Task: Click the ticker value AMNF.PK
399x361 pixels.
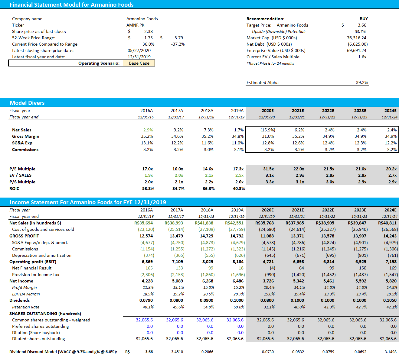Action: coord(135,25)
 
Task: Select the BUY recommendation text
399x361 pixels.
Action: coord(363,19)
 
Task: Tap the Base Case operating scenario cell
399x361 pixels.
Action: coord(139,63)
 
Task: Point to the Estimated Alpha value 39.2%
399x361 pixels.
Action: coord(362,82)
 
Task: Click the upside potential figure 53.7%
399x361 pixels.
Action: coord(360,31)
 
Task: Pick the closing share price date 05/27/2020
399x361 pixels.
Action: coord(139,50)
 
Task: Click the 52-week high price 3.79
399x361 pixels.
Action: coord(178,38)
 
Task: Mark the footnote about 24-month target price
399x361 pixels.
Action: coord(270,63)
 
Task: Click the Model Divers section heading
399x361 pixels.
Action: coord(27,103)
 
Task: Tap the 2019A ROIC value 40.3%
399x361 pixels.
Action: coord(238,189)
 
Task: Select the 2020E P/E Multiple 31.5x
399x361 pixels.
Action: coord(268,169)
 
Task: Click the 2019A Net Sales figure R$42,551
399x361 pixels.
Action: coord(234,223)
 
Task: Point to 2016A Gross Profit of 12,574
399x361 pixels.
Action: coord(146,236)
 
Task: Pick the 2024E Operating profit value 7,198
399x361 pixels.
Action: coord(391,262)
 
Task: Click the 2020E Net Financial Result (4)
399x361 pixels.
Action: coord(272,268)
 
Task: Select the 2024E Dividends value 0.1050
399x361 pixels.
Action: coord(390,300)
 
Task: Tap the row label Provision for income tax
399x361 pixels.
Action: coord(36,275)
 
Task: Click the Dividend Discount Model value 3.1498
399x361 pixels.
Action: coord(390,352)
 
